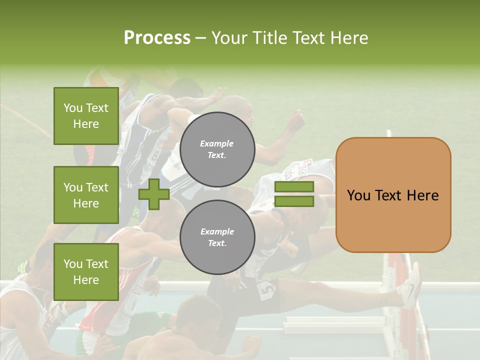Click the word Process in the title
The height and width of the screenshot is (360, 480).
tap(157, 38)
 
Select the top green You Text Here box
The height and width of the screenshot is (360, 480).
tap(86, 116)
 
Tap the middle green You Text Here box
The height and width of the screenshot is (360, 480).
tap(86, 195)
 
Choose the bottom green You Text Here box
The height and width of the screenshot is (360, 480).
tap(86, 272)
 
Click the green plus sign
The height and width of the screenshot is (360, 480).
tap(154, 194)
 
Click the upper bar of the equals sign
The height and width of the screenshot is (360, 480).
tap(294, 187)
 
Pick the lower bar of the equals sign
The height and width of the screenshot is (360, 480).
tap(294, 201)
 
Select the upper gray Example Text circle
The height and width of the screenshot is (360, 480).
tap(217, 149)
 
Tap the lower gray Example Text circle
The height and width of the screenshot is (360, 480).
tap(217, 237)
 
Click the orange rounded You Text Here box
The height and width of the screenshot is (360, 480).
tap(393, 195)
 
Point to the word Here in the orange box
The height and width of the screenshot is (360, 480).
tap(422, 195)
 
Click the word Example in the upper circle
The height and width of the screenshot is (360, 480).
tap(217, 143)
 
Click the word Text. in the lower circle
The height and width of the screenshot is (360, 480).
tap(217, 243)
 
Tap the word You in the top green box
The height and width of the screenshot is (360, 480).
tap(72, 108)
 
